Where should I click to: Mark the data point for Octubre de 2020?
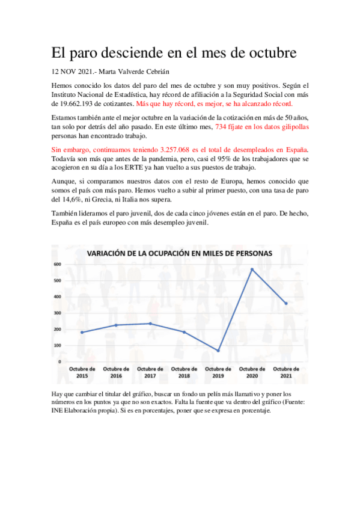tap(252, 269)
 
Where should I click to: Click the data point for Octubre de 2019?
tap(218, 351)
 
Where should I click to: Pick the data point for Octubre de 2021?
tap(286, 304)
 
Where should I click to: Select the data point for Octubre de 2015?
tap(82, 333)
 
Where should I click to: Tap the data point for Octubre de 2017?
tap(150, 324)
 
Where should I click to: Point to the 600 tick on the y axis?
tap(58, 264)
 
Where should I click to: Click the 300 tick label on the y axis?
tap(58, 313)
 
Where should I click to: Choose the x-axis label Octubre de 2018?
tap(184, 372)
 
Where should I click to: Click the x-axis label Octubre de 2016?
tap(116, 372)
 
